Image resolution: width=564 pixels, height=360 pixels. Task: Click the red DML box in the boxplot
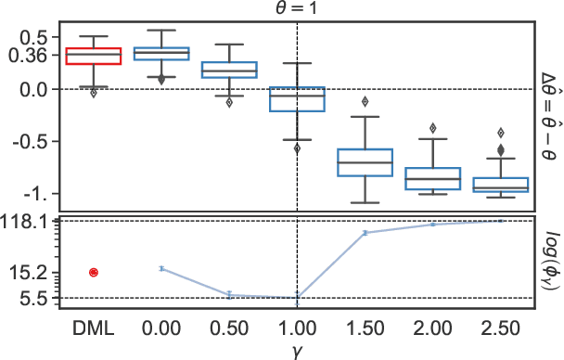coord(93,56)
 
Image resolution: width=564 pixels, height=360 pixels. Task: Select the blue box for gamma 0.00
coord(161,53)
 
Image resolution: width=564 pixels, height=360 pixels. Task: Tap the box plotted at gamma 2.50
coord(501,185)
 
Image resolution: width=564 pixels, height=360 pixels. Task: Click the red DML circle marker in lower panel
coord(94,272)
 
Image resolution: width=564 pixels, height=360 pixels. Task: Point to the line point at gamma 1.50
coord(365,233)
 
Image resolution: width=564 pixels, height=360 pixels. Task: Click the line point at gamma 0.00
coord(161,268)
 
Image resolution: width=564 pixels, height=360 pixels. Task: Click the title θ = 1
coord(296,8)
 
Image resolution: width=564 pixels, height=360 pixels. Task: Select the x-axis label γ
coord(296,350)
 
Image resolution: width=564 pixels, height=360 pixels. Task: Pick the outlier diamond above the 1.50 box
coord(365,101)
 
